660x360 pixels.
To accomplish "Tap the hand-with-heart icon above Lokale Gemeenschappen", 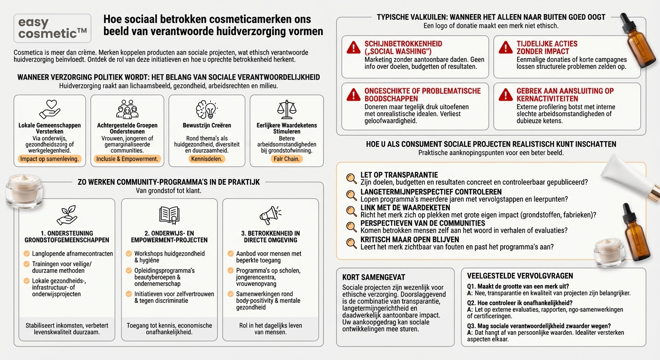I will [x=50, y=109].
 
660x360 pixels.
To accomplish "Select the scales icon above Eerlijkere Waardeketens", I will [x=286, y=109].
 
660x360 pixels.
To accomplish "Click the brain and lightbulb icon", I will [x=207, y=109].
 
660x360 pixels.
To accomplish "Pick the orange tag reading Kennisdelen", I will [x=207, y=159].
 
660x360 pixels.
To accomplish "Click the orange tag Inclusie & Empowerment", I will [x=127, y=159].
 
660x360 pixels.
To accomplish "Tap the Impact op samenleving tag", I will [x=50, y=159].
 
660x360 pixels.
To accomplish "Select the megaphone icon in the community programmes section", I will [x=270, y=215].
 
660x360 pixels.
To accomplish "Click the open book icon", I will [x=169, y=215].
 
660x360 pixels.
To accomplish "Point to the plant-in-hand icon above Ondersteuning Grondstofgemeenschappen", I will [x=67, y=215].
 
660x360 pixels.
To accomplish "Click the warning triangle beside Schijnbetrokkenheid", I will [x=353, y=47].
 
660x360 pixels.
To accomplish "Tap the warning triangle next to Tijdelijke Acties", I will [x=505, y=47].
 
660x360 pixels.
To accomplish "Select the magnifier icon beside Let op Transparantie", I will [x=351, y=178].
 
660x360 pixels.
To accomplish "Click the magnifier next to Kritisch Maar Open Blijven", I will [x=351, y=243].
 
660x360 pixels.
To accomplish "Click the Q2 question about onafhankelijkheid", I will [x=519, y=303].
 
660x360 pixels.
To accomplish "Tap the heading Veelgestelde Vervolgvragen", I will [x=520, y=276].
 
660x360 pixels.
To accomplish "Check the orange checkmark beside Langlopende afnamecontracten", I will [x=27, y=254].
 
